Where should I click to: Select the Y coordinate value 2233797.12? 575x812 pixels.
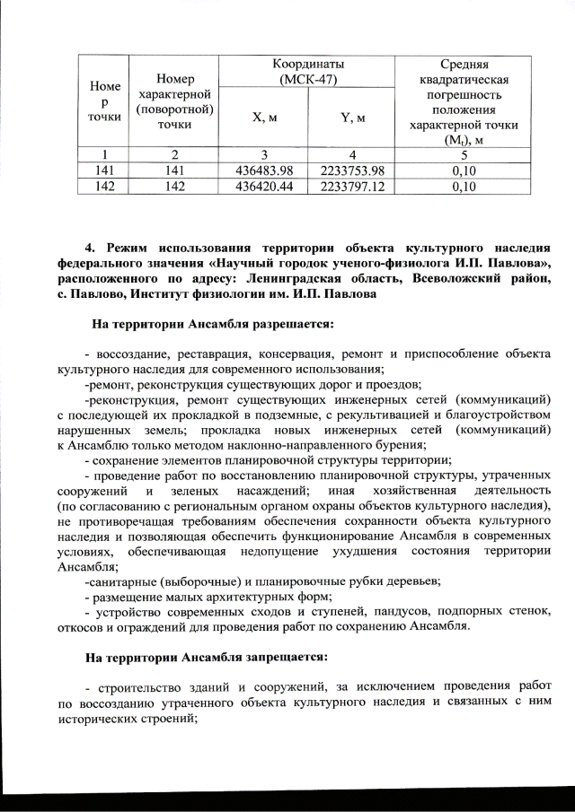tap(352, 187)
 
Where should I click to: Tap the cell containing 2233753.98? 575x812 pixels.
tap(352, 170)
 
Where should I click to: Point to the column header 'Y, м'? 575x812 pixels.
tap(352, 118)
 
